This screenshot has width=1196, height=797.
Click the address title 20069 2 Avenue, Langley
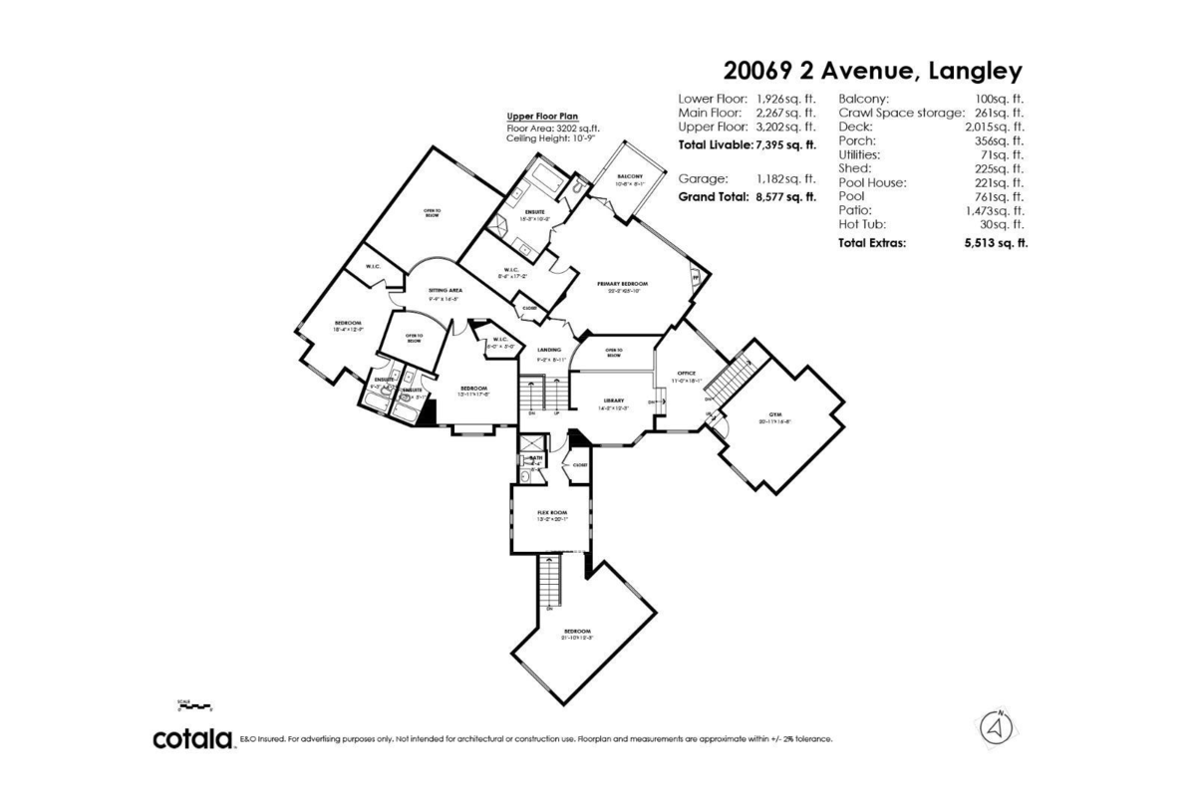[872, 71]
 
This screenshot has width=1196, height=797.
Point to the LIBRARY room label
[612, 400]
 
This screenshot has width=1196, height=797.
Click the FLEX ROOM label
[551, 512]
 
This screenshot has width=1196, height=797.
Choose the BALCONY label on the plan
[630, 176]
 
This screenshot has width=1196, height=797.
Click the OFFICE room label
[686, 374]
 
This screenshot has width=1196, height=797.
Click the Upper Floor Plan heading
[542, 117]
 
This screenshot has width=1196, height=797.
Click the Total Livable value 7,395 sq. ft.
[786, 144]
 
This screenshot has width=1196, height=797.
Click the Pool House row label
[872, 182]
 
